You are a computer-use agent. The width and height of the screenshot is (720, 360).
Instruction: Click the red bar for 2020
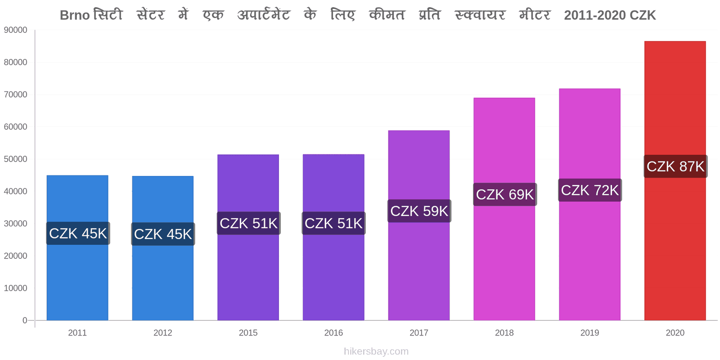tap(675, 180)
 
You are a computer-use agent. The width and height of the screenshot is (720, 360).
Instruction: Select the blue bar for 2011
tap(77, 248)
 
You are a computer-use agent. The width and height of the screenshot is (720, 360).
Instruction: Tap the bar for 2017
tap(419, 225)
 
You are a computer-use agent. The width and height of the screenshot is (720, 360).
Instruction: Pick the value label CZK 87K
tap(675, 166)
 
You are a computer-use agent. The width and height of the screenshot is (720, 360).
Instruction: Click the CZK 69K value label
tap(504, 194)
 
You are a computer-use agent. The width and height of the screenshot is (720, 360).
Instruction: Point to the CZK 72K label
tap(590, 190)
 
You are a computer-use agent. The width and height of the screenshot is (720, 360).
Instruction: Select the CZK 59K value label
tap(419, 211)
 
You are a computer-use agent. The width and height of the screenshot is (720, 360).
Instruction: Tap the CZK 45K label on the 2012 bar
tap(163, 234)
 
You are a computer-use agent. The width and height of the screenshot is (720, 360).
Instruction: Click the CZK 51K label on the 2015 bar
tap(248, 223)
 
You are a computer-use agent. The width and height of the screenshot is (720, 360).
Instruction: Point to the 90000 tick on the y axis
tap(15, 30)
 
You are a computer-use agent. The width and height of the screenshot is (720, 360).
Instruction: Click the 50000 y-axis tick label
tap(15, 159)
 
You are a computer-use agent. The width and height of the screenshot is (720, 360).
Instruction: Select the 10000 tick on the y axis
tap(15, 288)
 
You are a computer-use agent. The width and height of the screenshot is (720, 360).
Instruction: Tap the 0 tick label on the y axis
tap(25, 320)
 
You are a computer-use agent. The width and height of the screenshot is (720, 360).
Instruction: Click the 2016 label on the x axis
tap(333, 333)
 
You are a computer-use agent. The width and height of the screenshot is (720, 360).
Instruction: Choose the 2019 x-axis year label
tap(589, 333)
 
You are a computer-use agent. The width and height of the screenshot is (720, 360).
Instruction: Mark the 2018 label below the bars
tap(504, 333)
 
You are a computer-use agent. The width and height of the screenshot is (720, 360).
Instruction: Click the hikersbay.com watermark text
tap(376, 351)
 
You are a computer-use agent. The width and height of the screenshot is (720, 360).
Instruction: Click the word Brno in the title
tap(75, 15)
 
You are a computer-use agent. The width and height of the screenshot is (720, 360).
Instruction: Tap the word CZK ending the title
tap(643, 15)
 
